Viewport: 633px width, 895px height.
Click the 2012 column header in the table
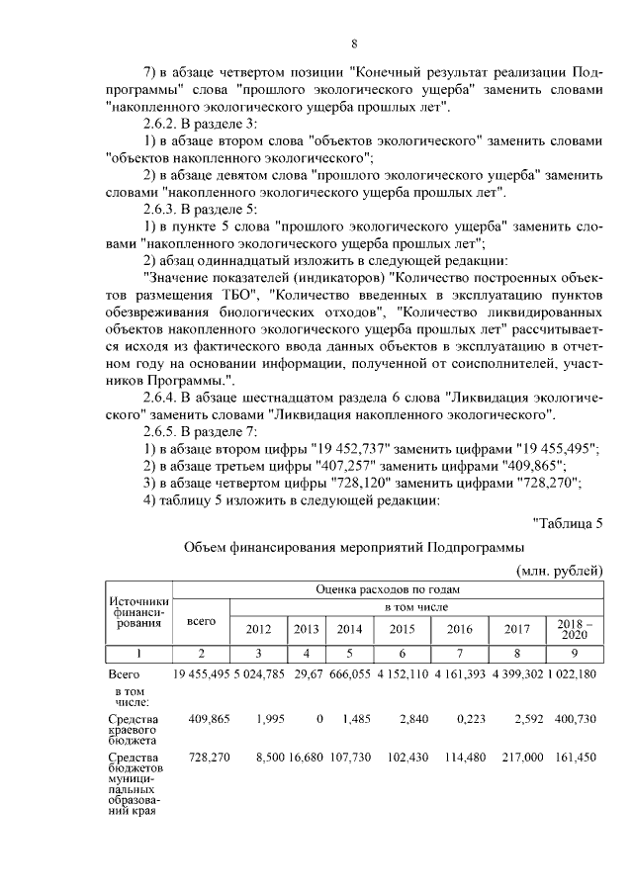[258, 628]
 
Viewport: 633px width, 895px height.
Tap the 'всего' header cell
[201, 620]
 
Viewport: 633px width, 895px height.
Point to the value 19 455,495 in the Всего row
[202, 673]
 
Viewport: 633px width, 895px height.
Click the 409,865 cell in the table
[209, 718]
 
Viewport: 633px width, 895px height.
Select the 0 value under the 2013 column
[319, 718]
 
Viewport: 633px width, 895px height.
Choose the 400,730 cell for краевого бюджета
[576, 718]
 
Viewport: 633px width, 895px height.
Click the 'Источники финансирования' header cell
[138, 612]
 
